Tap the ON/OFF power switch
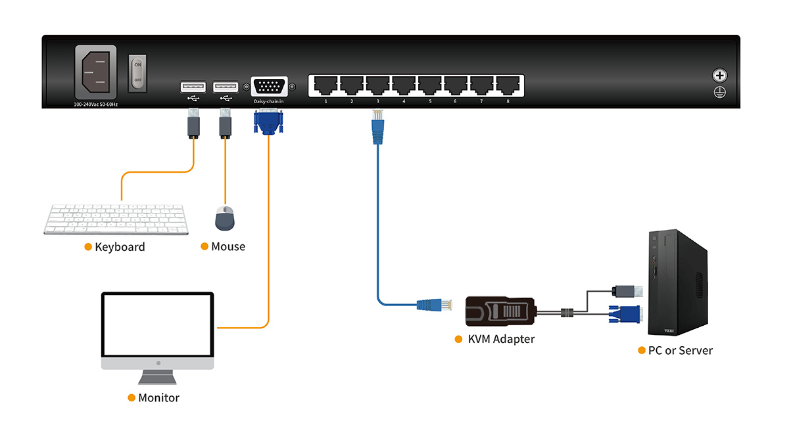point(137,73)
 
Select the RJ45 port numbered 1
point(325,85)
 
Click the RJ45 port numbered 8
point(508,85)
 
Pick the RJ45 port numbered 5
point(430,85)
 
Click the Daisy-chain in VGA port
point(269,87)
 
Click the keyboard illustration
point(116,219)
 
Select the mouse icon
point(225,218)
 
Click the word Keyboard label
point(120,247)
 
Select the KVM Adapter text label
point(501,340)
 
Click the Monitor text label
point(158,398)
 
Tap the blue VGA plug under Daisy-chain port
point(268,122)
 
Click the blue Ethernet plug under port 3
point(377,129)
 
